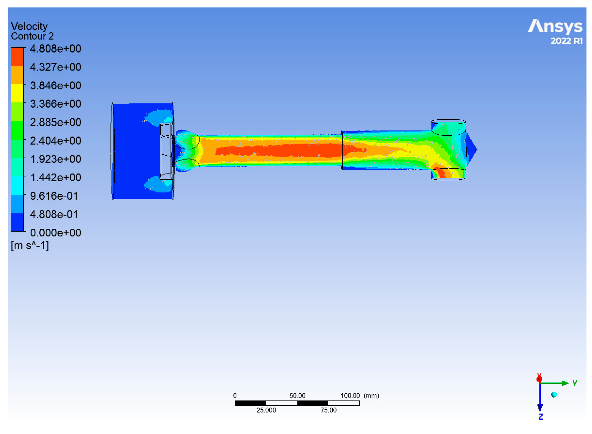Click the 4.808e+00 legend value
(55, 49)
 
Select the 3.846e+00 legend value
(55, 85)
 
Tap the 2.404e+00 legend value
(55, 141)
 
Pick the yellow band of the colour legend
(17, 93)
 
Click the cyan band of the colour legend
(17, 185)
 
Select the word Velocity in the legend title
(29, 26)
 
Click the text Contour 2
(32, 36)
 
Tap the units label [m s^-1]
(30, 245)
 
